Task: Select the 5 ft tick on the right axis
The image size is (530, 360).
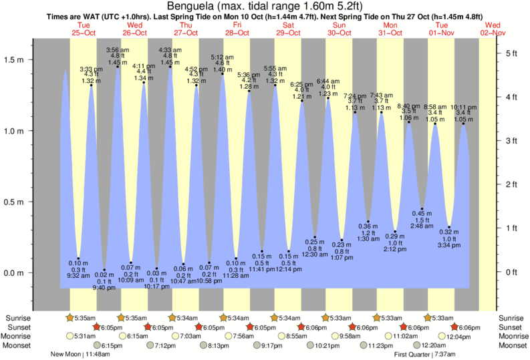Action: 509,53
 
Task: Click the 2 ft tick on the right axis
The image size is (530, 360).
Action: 509,184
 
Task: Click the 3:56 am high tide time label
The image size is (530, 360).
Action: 117,50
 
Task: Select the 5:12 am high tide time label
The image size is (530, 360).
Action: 222,57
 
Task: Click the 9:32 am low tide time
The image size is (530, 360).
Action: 78,275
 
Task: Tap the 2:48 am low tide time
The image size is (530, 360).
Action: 422,226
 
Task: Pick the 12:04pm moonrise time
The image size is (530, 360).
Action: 458,336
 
